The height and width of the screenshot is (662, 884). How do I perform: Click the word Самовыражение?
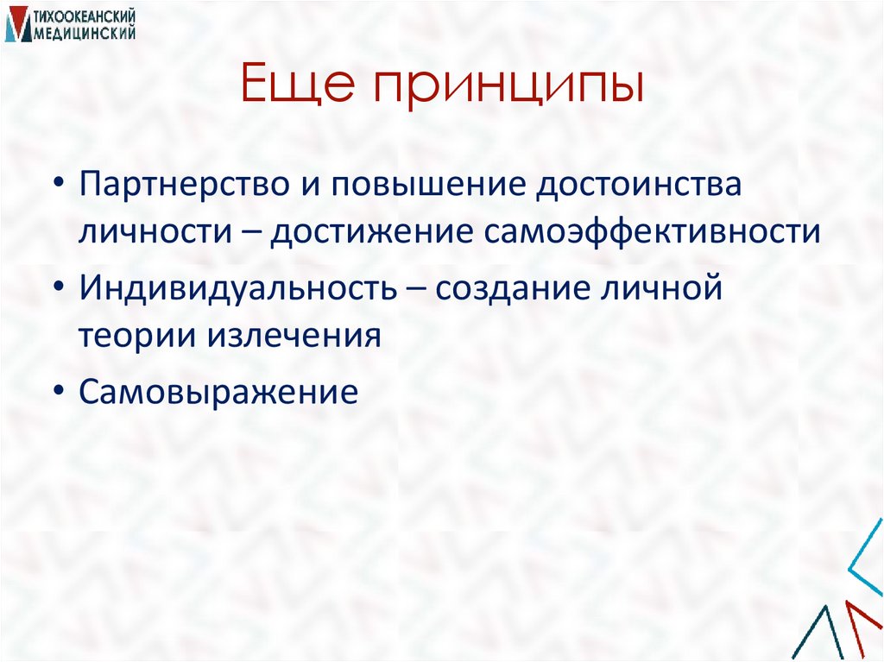(218, 391)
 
